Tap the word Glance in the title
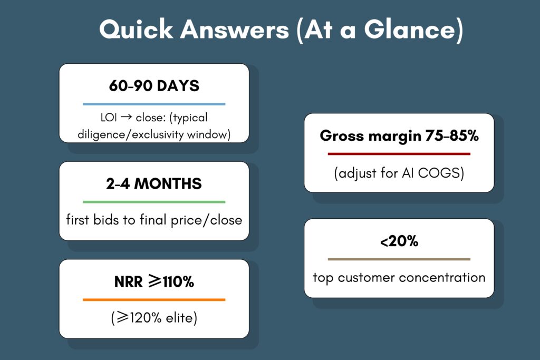coord(410,30)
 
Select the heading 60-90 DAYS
coord(154,86)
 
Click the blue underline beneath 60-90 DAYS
coord(154,104)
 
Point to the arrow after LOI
coord(127,117)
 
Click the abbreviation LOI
coord(109,118)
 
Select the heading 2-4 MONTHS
coord(154,184)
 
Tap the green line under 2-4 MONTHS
coord(154,202)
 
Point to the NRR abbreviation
coord(128,282)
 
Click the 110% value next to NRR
coord(178,282)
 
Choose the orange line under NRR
coord(154,300)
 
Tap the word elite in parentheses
coord(179,317)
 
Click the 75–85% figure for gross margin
coord(452,135)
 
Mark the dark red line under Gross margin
coord(399,154)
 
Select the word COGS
coord(439,173)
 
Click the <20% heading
coord(399,241)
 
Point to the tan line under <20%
coord(399,259)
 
